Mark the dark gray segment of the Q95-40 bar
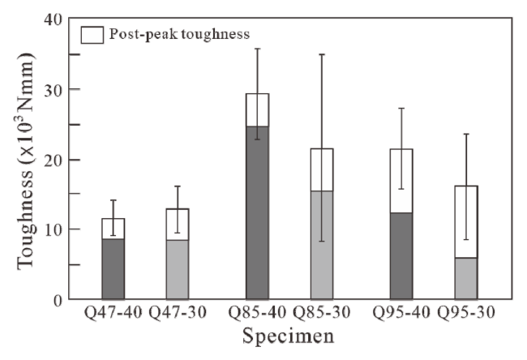(401, 255)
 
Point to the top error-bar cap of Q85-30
(322, 54)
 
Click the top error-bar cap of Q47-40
(113, 200)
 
